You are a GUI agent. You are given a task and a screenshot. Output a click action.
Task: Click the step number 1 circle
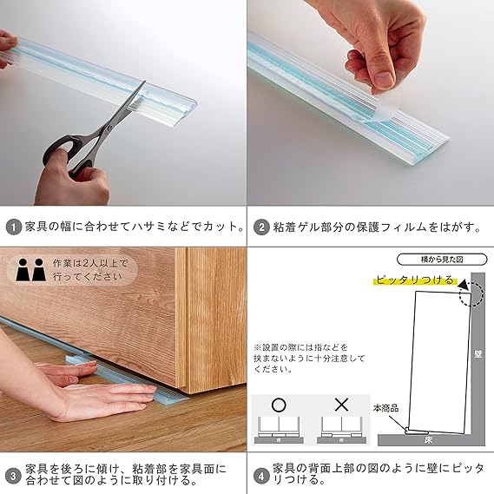[13, 227]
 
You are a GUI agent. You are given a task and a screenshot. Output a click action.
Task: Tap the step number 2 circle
[261, 227]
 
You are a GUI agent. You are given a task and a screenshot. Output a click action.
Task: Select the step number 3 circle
[13, 476]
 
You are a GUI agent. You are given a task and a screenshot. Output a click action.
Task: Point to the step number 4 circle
[261, 476]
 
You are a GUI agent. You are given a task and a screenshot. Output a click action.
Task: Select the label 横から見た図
[442, 260]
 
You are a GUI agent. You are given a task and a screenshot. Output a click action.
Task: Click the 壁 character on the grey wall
[478, 354]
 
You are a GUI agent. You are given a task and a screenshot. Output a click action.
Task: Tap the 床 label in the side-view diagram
[428, 440]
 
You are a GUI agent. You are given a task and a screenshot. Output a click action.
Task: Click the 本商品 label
[385, 409]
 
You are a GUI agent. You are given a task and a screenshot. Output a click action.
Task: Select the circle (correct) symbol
[279, 405]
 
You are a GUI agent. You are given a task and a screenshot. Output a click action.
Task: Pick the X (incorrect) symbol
[341, 405]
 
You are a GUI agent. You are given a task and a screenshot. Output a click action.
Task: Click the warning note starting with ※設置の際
[309, 359]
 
